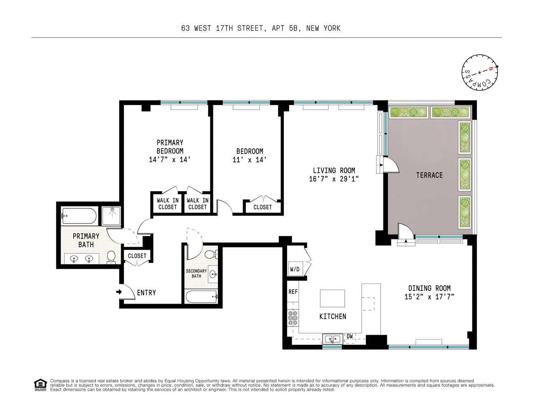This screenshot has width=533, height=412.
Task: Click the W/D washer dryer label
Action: coord(295,269)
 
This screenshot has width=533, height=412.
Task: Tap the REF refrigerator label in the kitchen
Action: coord(293,292)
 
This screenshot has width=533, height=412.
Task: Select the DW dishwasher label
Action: coord(350,336)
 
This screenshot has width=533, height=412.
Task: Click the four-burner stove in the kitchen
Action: coord(293,318)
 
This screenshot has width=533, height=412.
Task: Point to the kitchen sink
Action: coord(333,339)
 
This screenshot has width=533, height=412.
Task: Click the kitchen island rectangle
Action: coord(332,298)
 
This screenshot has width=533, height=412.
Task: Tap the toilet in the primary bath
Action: coord(111,257)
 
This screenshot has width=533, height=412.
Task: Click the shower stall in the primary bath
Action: coord(111,216)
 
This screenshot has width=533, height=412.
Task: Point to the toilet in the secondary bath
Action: coord(210,254)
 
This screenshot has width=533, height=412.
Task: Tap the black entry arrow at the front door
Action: coord(119,292)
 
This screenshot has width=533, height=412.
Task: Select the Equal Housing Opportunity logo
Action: coord(40,385)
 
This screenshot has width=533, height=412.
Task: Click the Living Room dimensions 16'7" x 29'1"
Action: coord(334,179)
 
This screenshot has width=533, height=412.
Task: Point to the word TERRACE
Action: coord(429,175)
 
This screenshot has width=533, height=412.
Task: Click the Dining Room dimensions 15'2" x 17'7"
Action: coord(429,297)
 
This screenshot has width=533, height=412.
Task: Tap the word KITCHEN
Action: coord(332,316)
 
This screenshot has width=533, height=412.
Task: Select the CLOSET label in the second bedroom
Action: coord(262,207)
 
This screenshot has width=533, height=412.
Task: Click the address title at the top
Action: coord(261,28)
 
